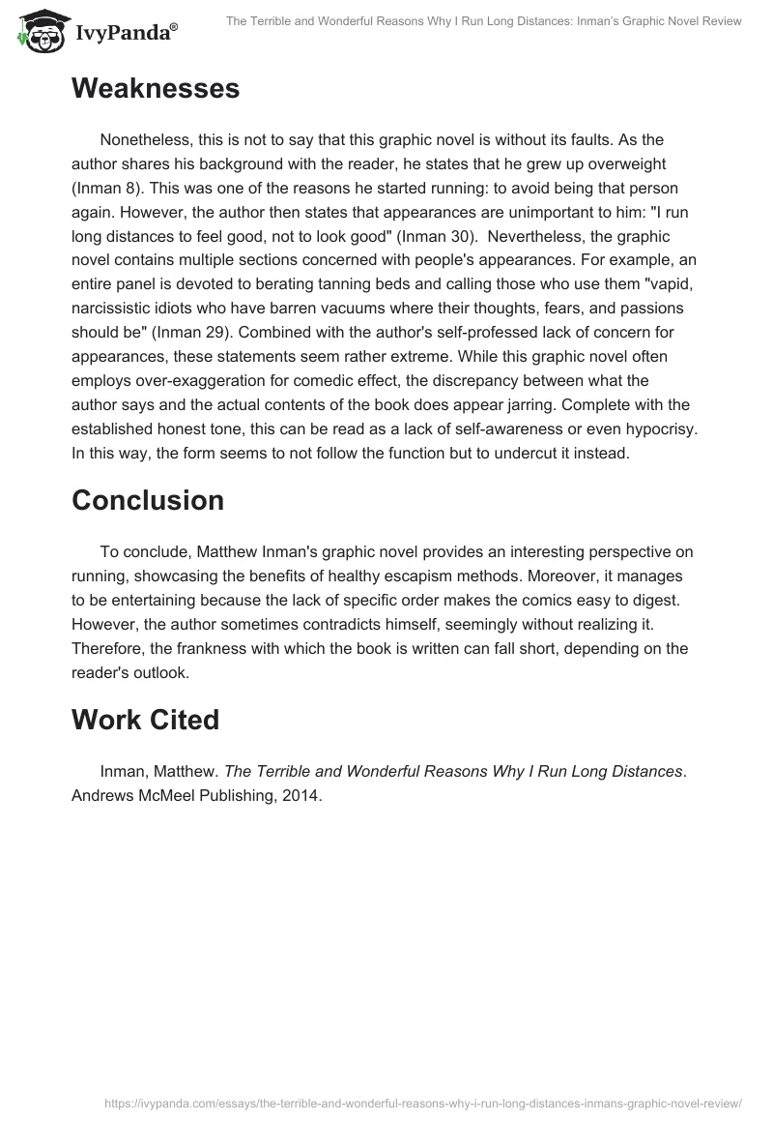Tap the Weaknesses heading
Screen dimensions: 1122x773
click(155, 89)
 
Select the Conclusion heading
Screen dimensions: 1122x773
click(147, 500)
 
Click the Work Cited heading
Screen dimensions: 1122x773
click(145, 720)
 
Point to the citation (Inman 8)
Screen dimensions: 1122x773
click(110, 187)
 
